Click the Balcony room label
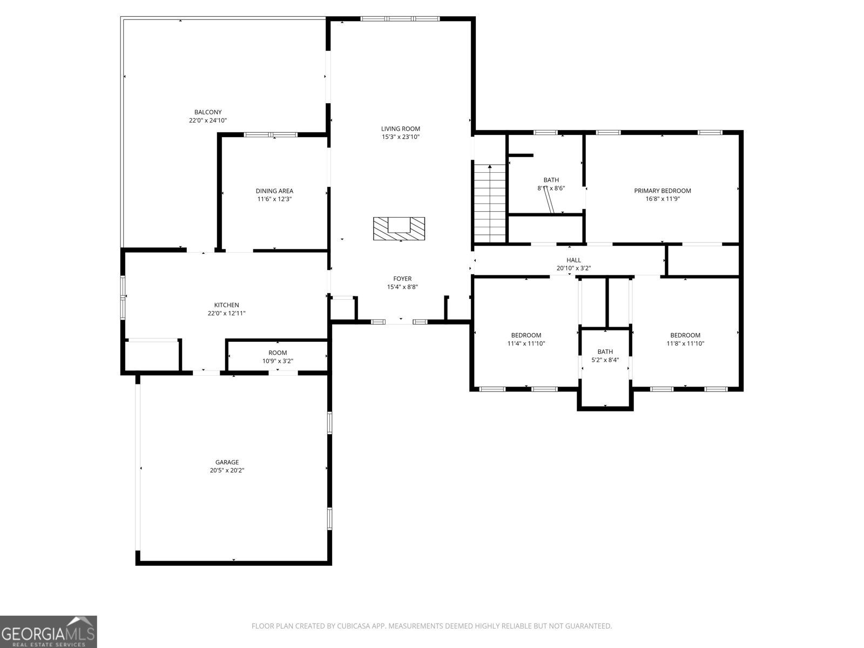(208, 112)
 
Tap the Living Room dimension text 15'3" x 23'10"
(400, 137)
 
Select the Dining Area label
(274, 191)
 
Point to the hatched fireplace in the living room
(399, 228)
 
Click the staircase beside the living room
(489, 204)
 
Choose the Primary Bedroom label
(663, 191)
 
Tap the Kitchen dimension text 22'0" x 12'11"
(226, 313)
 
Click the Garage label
(227, 462)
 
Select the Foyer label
(402, 279)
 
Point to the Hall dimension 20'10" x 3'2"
(573, 268)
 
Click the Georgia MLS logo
(49, 631)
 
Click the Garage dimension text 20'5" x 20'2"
(227, 470)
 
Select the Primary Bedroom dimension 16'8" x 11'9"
(663, 199)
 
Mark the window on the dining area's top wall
(271, 134)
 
